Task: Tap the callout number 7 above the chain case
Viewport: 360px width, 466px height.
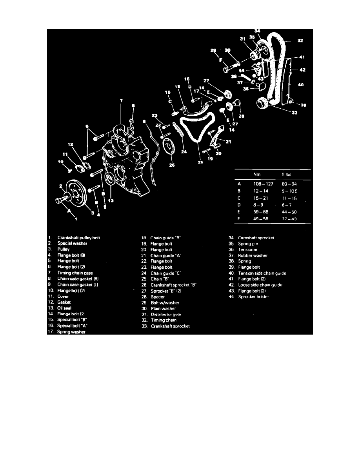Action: pos(121,101)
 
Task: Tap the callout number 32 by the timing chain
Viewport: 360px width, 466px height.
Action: pos(300,40)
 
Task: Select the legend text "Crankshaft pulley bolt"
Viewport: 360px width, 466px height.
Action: pos(79,237)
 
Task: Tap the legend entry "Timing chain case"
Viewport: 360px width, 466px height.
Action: pos(75,273)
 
